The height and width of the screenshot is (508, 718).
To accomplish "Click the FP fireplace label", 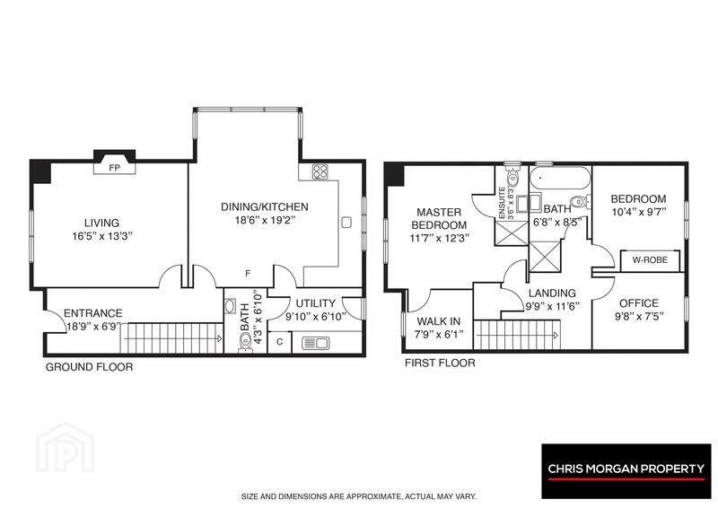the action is coord(115,168).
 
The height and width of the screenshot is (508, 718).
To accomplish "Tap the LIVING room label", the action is coord(101,223).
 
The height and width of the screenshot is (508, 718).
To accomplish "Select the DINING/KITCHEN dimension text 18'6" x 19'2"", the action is coord(265,220).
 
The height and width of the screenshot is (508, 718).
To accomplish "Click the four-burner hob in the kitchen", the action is coord(320,171).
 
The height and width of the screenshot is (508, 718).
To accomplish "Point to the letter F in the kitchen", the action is coord(249,274).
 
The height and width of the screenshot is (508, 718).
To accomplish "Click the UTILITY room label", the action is coord(316,303).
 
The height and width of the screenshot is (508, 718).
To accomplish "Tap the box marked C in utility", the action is coord(279,342).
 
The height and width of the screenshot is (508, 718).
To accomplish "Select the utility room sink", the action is coord(315,343).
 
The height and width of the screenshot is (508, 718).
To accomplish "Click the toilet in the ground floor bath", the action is coord(245,342).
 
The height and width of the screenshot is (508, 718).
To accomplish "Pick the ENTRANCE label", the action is coord(93,313).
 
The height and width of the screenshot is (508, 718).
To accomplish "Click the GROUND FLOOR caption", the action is coord(89,367).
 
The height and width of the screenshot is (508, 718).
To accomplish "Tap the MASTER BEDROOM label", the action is coord(439,218).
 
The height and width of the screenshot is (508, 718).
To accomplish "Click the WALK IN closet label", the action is coord(439,321).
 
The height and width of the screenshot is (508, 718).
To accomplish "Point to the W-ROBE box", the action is coord(650,260).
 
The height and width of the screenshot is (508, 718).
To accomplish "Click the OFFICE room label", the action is coord(639,303).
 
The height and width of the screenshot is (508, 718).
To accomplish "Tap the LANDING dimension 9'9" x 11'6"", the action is coord(552,306).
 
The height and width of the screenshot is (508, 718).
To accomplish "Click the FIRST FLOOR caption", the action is coord(440,363).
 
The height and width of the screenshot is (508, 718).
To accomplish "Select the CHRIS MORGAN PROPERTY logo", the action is coord(626,471).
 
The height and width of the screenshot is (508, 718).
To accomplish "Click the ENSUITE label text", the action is coord(502,203).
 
